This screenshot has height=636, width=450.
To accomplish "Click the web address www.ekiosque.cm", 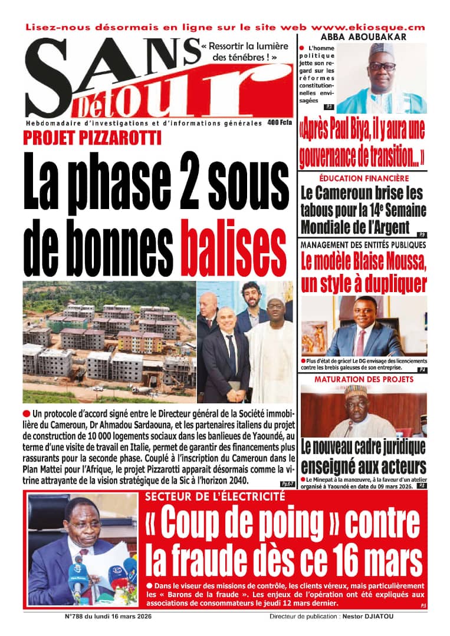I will coord(367,27).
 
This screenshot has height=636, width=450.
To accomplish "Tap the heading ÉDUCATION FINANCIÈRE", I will coord(363,178).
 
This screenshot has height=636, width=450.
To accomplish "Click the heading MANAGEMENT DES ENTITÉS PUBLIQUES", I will coord(363,245).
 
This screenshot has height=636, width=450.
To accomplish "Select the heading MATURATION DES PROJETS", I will coord(363,379).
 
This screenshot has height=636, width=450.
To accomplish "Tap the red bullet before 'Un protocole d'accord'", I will coord(27,414).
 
